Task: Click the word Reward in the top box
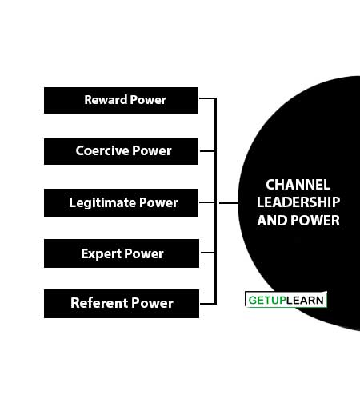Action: pyautogui.click(x=106, y=100)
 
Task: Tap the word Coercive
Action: pyautogui.click(x=102, y=150)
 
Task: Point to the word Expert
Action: pyautogui.click(x=101, y=253)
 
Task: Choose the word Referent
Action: pyautogui.click(x=99, y=303)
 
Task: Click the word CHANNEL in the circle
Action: pyautogui.click(x=298, y=185)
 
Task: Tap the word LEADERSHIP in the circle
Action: pyautogui.click(x=298, y=202)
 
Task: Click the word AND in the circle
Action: pyautogui.click(x=272, y=221)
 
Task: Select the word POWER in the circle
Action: pyautogui.click(x=315, y=221)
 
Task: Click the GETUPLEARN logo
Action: pyautogui.click(x=286, y=300)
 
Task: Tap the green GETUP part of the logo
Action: pyautogui.click(x=267, y=301)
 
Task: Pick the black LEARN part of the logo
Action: pyautogui.click(x=305, y=301)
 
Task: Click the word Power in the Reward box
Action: pyautogui.click(x=148, y=100)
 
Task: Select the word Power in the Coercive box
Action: pyautogui.click(x=152, y=150)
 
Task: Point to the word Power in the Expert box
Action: pyautogui.click(x=144, y=253)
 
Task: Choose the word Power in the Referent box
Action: pyautogui.click(x=152, y=303)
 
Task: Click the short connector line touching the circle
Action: pyautogui.click(x=229, y=203)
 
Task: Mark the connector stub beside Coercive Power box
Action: pyautogui.click(x=207, y=151)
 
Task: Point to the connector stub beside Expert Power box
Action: pyautogui.click(x=208, y=252)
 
